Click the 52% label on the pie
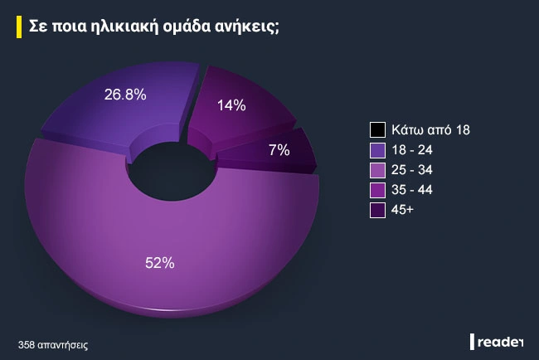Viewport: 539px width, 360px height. pyautogui.click(x=159, y=263)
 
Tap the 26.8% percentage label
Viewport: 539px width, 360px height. pyautogui.click(x=125, y=95)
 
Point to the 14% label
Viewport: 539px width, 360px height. pyautogui.click(x=231, y=105)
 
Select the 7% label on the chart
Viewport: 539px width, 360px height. pyautogui.click(x=279, y=150)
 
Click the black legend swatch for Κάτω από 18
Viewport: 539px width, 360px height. pyautogui.click(x=377, y=130)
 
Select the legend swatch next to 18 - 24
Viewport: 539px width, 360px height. pyautogui.click(x=377, y=150)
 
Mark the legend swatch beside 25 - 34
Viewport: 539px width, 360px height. pyautogui.click(x=377, y=170)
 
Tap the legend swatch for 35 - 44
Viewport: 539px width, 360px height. pyautogui.click(x=377, y=190)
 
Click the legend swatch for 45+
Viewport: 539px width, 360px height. pyautogui.click(x=377, y=211)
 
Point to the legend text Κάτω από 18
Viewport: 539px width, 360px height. pyautogui.click(x=432, y=130)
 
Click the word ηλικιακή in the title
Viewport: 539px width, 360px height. pyautogui.click(x=143, y=26)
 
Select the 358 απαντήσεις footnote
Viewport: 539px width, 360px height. pyautogui.click(x=53, y=343)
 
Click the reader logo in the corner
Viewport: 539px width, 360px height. pyautogui.click(x=498, y=342)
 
